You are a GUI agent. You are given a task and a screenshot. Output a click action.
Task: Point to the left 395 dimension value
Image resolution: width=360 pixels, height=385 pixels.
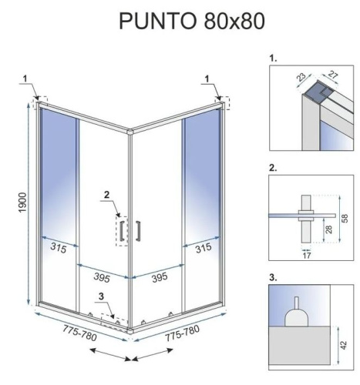pyautogui.click(x=96, y=276)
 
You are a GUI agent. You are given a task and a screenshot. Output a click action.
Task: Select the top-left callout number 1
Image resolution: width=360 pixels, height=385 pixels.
pyautogui.click(x=25, y=77)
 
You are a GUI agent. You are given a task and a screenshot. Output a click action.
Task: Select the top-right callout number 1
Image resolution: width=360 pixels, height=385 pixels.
pyautogui.click(x=209, y=77)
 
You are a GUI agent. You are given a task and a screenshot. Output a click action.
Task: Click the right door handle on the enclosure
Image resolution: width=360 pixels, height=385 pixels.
pyautogui.click(x=136, y=231)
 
